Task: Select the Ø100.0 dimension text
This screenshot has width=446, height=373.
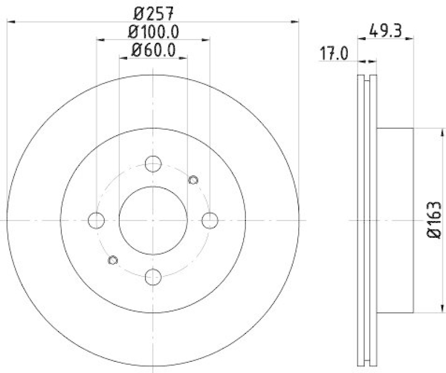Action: (153, 31)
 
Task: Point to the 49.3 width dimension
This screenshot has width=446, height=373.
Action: (386, 31)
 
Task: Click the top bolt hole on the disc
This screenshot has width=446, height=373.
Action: (153, 164)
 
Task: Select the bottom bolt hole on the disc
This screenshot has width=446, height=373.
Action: (153, 277)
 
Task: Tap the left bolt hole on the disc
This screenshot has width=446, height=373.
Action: (96, 220)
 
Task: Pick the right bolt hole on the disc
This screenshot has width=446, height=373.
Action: (210, 220)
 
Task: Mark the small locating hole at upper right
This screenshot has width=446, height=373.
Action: (193, 179)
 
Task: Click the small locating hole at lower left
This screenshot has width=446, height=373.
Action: (113, 260)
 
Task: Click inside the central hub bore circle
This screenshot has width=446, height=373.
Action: (153, 220)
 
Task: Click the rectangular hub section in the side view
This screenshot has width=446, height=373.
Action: (396, 220)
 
